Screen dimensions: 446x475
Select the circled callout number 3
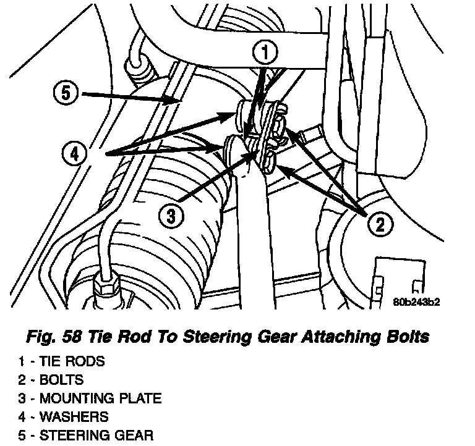171,216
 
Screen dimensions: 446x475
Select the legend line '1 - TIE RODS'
61,362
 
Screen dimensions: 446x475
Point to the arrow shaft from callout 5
124,96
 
